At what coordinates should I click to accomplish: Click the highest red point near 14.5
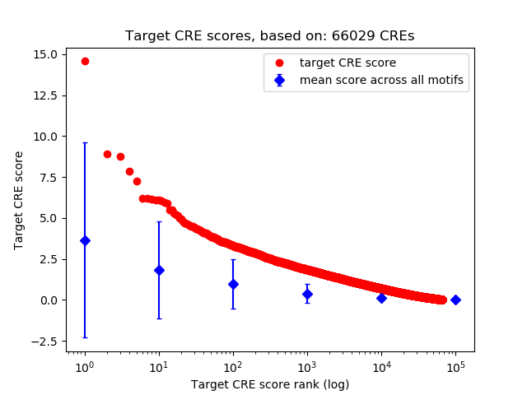(85, 61)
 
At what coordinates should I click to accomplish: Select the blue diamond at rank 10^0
(85, 240)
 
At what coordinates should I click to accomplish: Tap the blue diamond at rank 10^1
(159, 270)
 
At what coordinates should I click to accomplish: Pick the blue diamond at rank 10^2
(233, 284)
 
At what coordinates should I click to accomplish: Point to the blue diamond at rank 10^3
(307, 294)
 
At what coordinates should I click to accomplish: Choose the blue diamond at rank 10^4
(381, 298)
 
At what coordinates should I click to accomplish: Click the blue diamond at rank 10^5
(455, 300)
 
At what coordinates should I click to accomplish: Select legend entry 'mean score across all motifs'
(381, 80)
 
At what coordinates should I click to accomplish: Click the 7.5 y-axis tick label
(46, 177)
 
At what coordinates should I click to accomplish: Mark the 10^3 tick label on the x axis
(307, 366)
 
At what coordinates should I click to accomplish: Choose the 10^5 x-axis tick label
(455, 366)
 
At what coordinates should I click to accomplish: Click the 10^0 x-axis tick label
(85, 366)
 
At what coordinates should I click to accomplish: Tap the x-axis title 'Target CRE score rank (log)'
(269, 383)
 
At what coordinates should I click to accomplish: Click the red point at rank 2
(107, 154)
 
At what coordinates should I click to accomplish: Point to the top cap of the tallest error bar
(85, 142)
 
